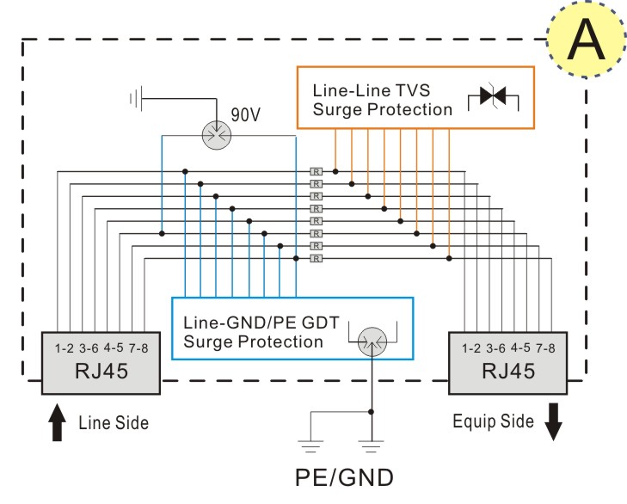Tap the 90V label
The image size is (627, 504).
246,114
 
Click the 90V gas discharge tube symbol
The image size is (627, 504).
217,136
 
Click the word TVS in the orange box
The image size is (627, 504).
412,90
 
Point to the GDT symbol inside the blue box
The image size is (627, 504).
372,341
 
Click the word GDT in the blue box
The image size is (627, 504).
321,323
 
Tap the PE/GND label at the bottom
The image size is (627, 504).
344,477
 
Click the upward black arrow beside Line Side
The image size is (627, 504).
57,422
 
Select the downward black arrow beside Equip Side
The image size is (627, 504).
553,421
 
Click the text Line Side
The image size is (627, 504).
114,423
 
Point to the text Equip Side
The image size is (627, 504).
493,421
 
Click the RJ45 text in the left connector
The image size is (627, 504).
101,371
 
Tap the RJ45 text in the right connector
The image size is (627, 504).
508,371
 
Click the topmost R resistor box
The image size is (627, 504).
316,172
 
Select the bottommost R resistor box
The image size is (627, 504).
316,258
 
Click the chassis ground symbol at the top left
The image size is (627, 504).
137,98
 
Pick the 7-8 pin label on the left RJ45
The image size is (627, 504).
138,348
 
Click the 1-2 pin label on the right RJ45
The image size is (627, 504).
471,348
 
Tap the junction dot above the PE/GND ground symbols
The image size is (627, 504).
371,412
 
